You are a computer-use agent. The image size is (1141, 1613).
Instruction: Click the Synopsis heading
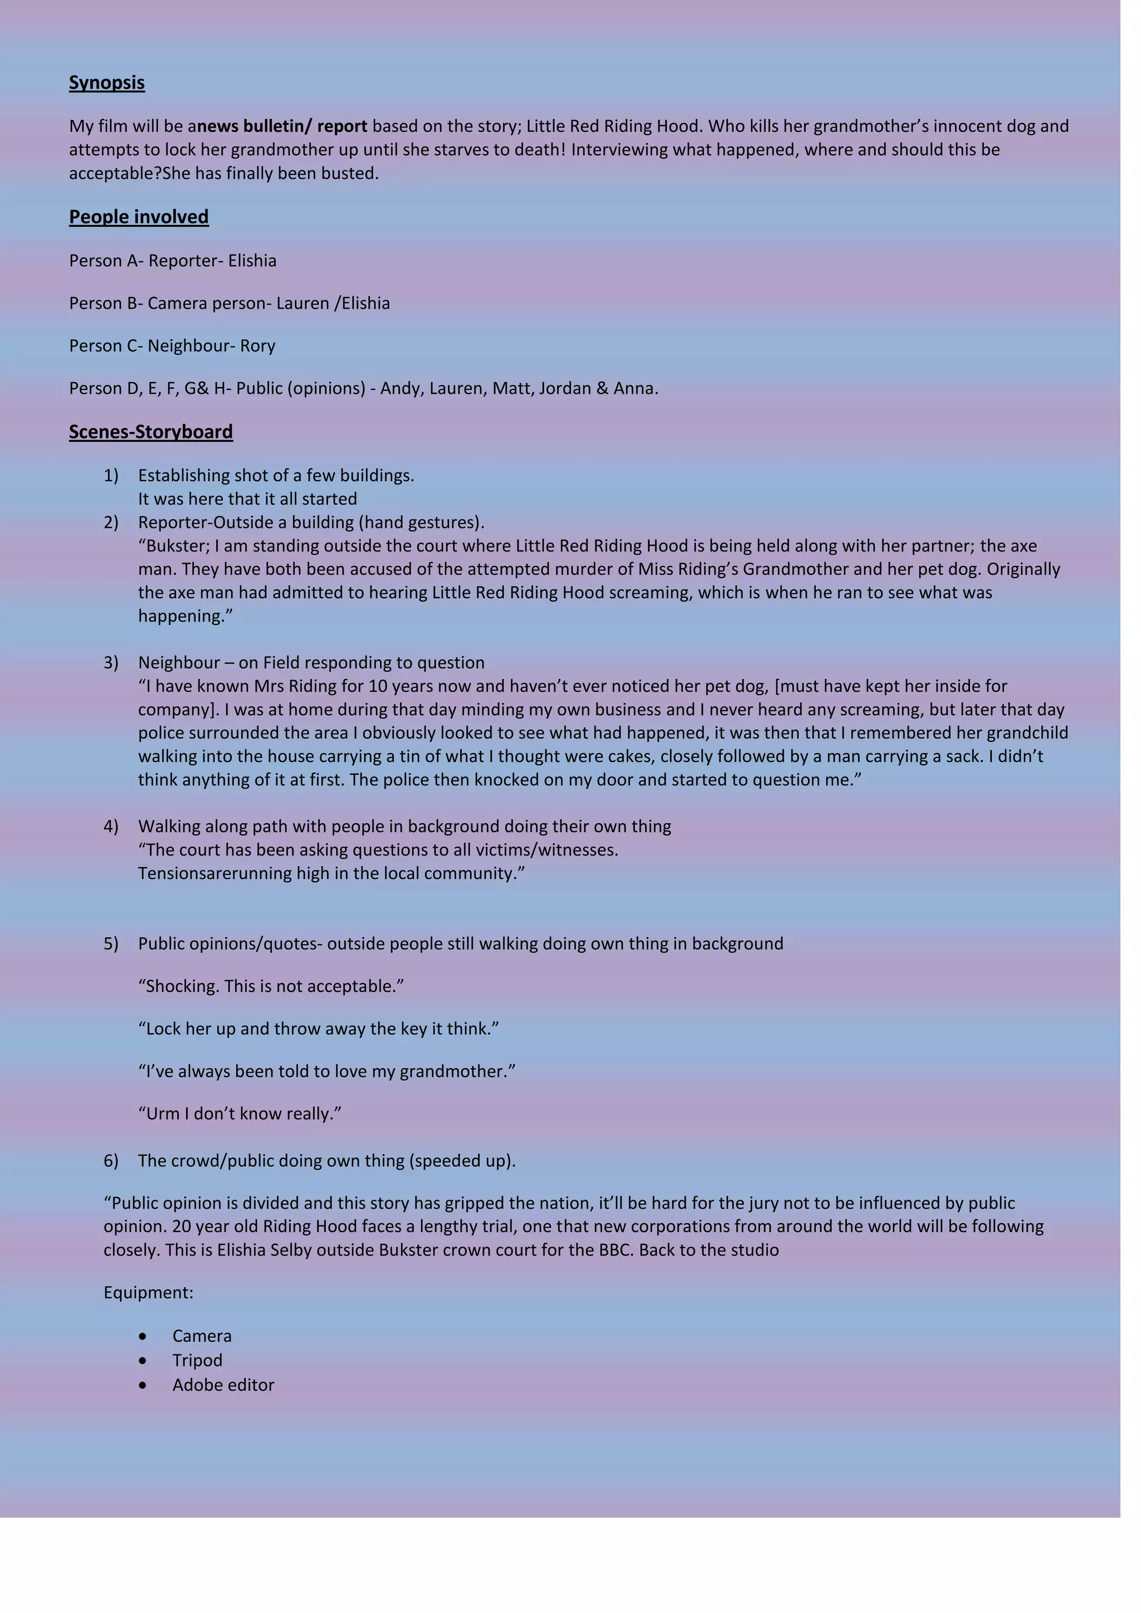(x=107, y=83)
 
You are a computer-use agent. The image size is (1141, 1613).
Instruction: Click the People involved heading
(x=138, y=217)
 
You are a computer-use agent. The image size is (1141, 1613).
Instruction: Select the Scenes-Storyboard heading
(x=150, y=432)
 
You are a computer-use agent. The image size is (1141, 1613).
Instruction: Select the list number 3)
(x=111, y=663)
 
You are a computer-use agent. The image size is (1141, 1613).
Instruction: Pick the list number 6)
(x=111, y=1161)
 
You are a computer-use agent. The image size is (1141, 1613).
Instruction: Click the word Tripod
(x=197, y=1360)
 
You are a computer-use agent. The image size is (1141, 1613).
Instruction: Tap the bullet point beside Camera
(x=143, y=1336)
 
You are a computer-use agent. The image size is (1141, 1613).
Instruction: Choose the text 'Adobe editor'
(x=223, y=1385)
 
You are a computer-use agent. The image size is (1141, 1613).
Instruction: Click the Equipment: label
(x=148, y=1293)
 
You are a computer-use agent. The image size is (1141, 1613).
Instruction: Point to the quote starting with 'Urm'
(x=240, y=1114)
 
